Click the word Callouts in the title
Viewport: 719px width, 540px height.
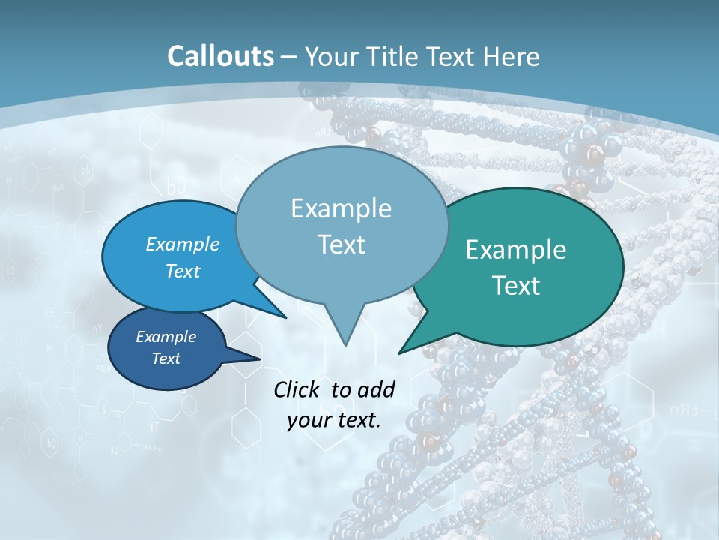(220, 56)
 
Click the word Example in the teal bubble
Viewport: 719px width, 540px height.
(516, 250)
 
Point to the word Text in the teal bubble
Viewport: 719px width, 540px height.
(516, 286)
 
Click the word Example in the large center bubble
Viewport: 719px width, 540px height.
(341, 208)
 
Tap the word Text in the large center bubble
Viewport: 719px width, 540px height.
(341, 244)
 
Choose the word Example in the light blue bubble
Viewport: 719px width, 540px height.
(183, 244)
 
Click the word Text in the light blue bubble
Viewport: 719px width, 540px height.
(183, 271)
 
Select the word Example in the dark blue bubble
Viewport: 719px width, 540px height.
(166, 337)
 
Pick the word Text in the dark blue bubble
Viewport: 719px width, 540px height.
(166, 358)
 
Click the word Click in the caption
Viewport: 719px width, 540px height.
(297, 389)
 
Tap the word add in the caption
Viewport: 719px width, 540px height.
(375, 389)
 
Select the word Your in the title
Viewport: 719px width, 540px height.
(330, 56)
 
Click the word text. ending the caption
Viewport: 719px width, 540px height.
(357, 421)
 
